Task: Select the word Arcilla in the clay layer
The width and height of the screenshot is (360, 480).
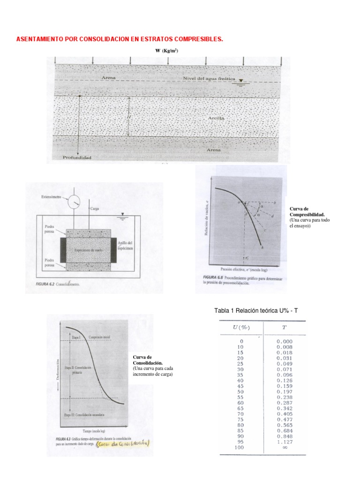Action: (217, 119)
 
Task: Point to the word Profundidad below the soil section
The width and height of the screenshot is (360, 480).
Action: (77, 158)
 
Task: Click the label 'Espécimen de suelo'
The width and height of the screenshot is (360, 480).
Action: (87, 250)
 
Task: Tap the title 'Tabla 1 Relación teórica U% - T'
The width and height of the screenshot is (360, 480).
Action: (256, 311)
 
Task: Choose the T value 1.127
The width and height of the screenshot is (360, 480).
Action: (285, 441)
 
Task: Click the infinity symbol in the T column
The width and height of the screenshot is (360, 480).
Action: (285, 447)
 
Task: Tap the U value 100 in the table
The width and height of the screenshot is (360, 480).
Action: (241, 447)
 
